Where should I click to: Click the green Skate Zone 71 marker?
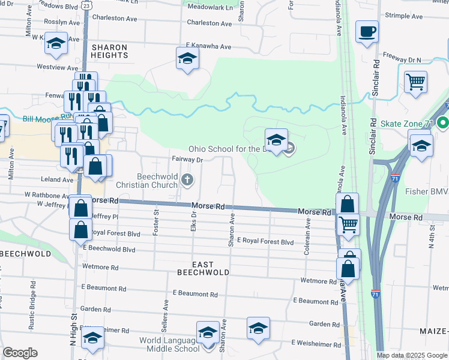coord(443,124)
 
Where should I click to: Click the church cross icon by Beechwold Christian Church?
coord(187,179)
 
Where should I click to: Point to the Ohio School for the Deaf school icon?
coord(276,140)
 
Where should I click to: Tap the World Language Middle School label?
coord(161,345)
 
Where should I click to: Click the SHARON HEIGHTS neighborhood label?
coord(109,51)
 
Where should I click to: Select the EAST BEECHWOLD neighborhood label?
coord(203,268)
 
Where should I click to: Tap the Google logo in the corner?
coord(20,353)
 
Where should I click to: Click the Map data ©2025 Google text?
coord(412,355)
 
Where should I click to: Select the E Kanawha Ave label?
coord(208,46)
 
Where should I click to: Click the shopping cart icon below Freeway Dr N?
coord(415,81)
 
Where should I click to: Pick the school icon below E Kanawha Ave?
coord(187,58)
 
